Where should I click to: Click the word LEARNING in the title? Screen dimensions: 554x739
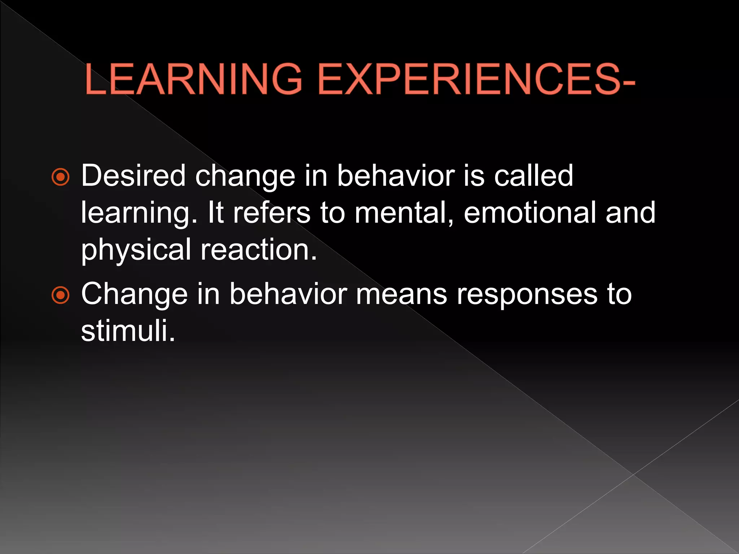(193, 79)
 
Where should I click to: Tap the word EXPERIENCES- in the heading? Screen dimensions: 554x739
(476, 79)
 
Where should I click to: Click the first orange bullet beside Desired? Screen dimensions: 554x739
(61, 177)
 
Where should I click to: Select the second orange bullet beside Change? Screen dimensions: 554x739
(61, 295)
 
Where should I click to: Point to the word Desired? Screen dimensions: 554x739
(133, 176)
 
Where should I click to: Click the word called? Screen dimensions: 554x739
(533, 176)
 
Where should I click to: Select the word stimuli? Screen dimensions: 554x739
(128, 331)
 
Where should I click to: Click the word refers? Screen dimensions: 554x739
(272, 213)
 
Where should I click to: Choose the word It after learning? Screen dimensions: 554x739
(215, 213)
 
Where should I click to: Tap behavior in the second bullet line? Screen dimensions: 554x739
(288, 294)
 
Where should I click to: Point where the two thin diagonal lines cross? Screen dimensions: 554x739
(633, 475)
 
